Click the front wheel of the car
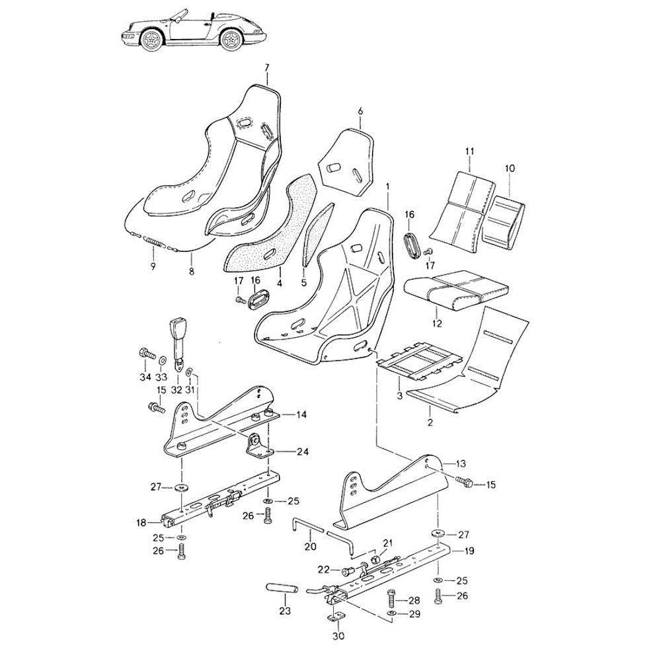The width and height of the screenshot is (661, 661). tap(151, 40)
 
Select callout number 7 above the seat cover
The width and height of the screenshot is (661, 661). tap(267, 68)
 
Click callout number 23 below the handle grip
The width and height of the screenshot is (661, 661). tap(285, 611)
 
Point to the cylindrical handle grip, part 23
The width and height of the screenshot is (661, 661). tap(282, 588)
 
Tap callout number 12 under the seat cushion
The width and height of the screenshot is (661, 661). tap(437, 323)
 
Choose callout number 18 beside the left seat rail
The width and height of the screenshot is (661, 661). tap(141, 523)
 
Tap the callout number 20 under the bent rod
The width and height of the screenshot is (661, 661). tap(310, 547)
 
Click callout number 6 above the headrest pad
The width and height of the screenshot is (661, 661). tap(360, 111)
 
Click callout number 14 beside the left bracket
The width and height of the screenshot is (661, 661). tap(301, 415)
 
